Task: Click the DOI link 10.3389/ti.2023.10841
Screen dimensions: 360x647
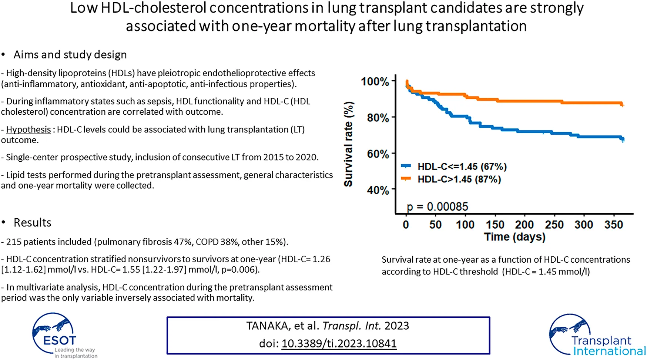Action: pos(339,344)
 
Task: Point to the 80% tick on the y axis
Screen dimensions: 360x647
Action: pos(393,118)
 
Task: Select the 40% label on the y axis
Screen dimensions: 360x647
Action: pos(378,190)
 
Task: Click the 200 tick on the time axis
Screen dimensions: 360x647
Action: pos(524,225)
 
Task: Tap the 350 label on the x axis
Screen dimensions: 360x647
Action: pos(613,225)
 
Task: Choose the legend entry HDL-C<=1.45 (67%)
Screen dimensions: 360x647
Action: pos(462,166)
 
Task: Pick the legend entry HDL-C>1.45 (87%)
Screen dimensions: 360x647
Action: pos(459,179)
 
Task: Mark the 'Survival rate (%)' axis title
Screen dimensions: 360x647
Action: pos(348,144)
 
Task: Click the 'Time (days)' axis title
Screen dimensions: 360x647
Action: pos(514,237)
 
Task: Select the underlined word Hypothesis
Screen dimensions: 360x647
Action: pos(29,129)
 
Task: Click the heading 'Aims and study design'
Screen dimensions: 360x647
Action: pos(70,55)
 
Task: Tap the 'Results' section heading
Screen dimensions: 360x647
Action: pos(32,223)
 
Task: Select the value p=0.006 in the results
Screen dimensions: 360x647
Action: pos(240,270)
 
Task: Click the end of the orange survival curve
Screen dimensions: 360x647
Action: pos(622,105)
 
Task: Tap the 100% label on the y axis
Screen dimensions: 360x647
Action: pos(375,81)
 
